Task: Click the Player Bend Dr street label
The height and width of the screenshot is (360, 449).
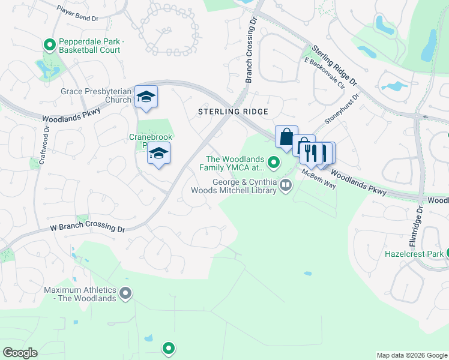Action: coord(77,14)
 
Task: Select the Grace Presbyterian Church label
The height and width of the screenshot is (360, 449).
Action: coord(96,95)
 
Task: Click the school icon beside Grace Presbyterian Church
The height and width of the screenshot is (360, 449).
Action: coord(146,98)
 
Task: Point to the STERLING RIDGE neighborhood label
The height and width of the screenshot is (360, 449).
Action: coord(234,112)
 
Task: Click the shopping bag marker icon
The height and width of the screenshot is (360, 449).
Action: coord(286,136)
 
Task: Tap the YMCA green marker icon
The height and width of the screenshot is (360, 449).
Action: coord(274,162)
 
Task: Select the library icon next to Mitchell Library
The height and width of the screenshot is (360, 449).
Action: coord(286,185)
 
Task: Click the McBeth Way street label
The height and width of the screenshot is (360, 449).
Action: coord(319,179)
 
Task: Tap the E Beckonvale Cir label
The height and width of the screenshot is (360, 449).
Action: coord(324,73)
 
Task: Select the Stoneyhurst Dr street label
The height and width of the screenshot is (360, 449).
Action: coord(342,109)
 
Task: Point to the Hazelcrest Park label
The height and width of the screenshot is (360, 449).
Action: coord(414,254)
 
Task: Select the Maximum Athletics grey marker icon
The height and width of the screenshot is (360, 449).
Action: coord(125,293)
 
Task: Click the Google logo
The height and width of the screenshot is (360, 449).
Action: coord(20,353)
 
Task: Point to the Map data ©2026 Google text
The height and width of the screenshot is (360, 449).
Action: coord(412,355)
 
